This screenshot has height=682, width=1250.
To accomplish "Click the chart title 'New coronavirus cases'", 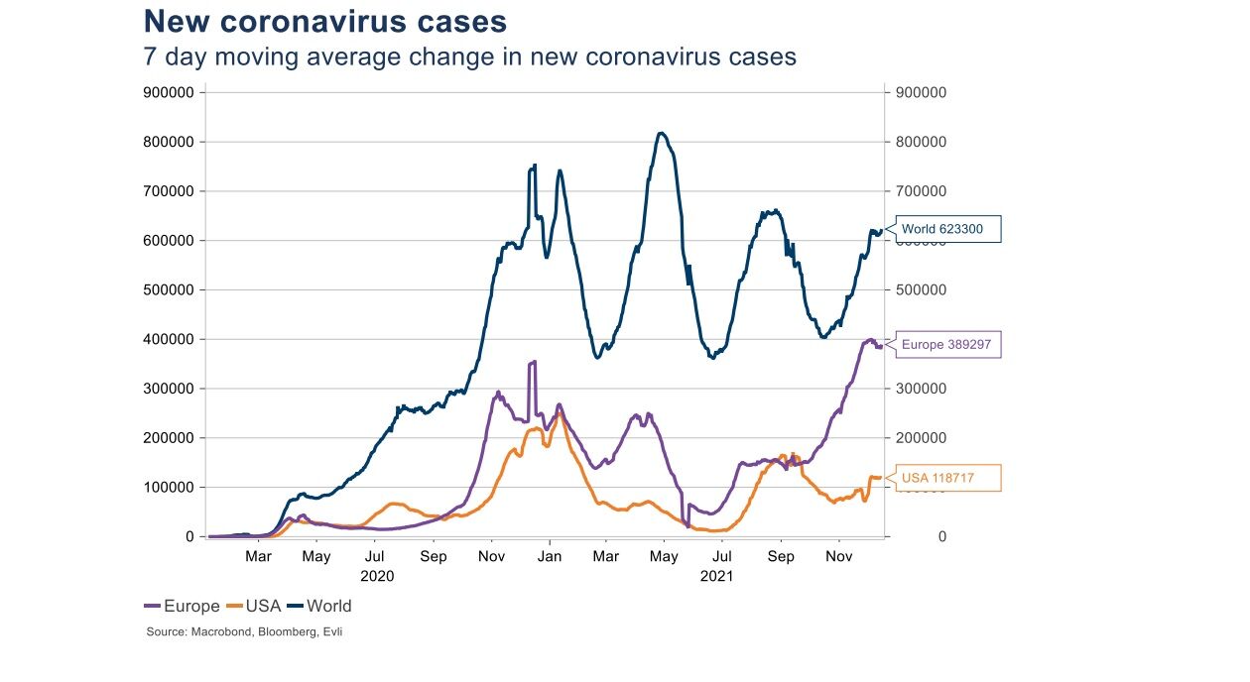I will click(325, 22).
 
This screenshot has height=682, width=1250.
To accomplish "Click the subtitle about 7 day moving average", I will click(469, 57).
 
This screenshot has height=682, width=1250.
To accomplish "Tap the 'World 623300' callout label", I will click(947, 229).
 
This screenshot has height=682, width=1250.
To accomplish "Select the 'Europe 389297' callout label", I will click(947, 345).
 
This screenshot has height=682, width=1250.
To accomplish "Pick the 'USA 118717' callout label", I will click(947, 478).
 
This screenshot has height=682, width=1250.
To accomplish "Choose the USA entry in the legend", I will click(254, 606).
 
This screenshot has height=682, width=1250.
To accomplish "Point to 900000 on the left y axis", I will click(169, 92).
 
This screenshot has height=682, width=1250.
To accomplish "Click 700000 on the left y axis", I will click(169, 191).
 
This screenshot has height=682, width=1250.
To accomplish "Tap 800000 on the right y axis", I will click(921, 142).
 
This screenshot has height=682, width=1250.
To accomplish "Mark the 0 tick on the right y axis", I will click(941, 536).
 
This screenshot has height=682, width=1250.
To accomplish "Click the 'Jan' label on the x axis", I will click(549, 556).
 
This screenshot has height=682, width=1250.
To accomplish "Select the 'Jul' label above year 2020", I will click(374, 556).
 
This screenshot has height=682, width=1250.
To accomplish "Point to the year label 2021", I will click(715, 575).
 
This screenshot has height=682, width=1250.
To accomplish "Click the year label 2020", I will click(377, 575).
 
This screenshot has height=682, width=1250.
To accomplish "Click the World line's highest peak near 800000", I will click(662, 133).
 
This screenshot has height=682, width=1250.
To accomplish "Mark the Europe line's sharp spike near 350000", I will click(533, 363).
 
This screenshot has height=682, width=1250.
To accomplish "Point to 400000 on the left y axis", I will click(169, 339).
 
